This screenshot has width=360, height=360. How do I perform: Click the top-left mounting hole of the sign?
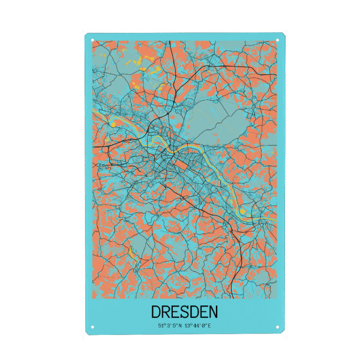pyautogui.click(x=92, y=41)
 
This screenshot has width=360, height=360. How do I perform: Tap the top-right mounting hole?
pyautogui.click(x=278, y=41)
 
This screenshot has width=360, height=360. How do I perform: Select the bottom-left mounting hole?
pyautogui.click(x=92, y=327)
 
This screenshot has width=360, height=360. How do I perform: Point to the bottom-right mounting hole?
pyautogui.click(x=278, y=327)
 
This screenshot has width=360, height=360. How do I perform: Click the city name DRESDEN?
pyautogui.click(x=184, y=313)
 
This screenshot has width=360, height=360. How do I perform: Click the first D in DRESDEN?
pyautogui.click(x=157, y=313)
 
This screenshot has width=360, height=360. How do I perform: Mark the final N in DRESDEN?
pyautogui.click(x=213, y=313)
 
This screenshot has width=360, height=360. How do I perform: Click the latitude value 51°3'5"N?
pyautogui.click(x=170, y=326)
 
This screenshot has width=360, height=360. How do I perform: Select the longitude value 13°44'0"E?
pyautogui.click(x=199, y=326)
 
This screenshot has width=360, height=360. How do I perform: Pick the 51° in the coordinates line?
pyautogui.click(x=161, y=326)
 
